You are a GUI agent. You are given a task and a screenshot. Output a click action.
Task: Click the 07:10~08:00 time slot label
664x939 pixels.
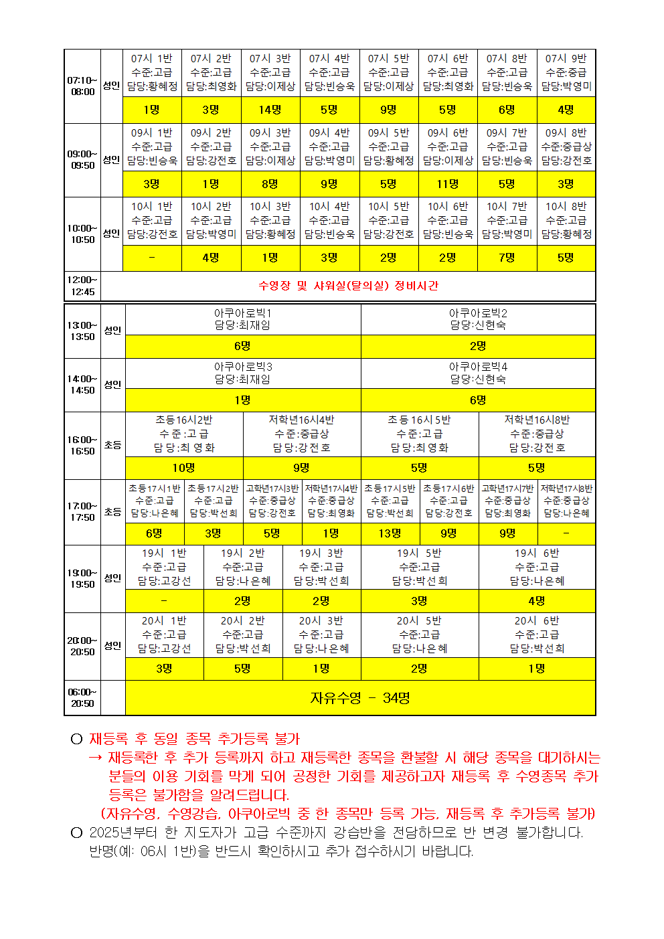point(82,86)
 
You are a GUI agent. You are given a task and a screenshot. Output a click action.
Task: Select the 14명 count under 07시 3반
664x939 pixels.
point(270,110)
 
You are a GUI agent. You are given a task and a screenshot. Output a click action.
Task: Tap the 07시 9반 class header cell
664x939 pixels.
point(566,72)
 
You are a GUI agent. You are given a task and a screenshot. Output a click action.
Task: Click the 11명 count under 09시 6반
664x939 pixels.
point(448,184)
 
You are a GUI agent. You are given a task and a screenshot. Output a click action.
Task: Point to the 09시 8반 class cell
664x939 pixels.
point(566,147)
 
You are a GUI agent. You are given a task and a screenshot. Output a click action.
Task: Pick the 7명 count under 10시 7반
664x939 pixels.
point(507,258)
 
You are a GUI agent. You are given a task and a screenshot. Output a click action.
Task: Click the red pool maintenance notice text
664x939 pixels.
point(348,286)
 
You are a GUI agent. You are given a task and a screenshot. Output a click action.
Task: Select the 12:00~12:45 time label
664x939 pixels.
point(82,286)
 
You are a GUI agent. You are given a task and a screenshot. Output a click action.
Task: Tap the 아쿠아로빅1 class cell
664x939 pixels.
point(242,319)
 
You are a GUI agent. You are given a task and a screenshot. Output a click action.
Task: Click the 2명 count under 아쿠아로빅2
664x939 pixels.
point(478,346)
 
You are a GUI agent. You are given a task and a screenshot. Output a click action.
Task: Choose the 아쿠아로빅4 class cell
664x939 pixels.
point(478,373)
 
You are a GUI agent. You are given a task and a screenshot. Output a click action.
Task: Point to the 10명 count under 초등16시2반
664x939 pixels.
point(184,468)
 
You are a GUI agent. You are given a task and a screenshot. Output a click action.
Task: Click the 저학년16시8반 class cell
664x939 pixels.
point(537,434)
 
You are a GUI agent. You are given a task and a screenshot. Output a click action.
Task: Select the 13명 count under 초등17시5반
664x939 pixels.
point(390,533)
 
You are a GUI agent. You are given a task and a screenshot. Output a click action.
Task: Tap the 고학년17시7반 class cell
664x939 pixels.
point(507,501)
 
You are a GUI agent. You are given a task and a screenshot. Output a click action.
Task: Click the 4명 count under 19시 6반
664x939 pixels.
point(537,601)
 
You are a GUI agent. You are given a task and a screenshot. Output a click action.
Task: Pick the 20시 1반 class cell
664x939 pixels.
point(164,634)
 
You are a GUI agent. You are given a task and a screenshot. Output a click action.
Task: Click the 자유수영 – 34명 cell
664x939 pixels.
point(360,698)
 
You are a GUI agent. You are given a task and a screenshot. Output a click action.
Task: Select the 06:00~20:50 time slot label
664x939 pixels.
point(82,698)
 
